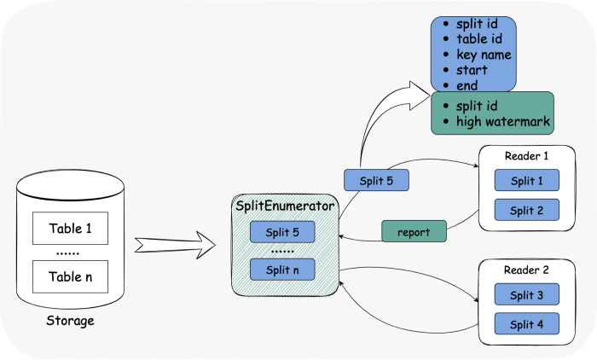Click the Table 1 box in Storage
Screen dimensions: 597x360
tap(71, 228)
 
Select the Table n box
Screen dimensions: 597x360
tap(71, 276)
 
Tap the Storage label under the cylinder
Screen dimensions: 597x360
tap(71, 321)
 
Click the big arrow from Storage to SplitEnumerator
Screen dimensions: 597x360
tap(175, 245)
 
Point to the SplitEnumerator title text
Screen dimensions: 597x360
tap(285, 206)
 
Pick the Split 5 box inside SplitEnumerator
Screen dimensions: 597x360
tap(282, 232)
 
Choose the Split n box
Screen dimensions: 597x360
tap(282, 270)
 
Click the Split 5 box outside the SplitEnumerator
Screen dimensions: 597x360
tap(377, 180)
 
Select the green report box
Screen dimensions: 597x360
tap(414, 231)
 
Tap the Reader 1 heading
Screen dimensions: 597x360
tap(526, 156)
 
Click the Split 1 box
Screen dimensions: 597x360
tap(527, 180)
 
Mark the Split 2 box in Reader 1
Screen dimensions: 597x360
tap(527, 210)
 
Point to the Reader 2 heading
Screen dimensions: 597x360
tap(526, 270)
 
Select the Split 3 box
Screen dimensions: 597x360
tap(527, 294)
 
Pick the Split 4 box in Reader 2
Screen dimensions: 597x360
tap(527, 324)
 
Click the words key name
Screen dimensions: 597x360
tap(484, 55)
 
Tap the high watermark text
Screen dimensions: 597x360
tap(503, 121)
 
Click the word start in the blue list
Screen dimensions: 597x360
tap(472, 70)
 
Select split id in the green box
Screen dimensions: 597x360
tap(477, 106)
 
